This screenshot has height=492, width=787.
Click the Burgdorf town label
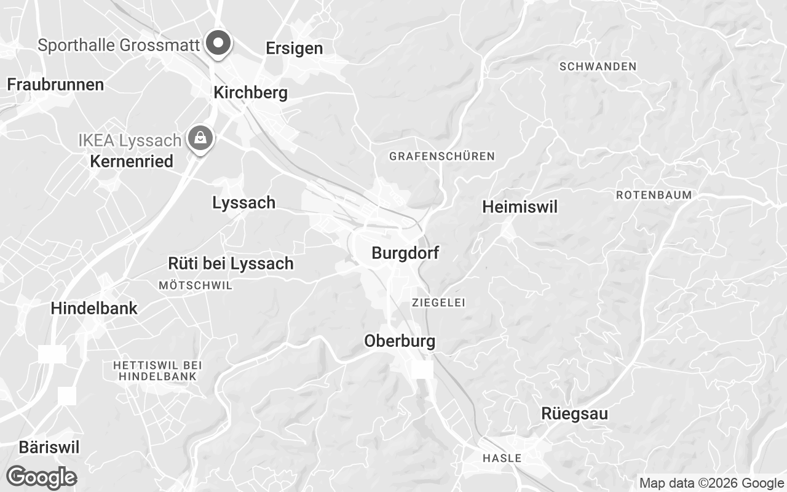pos(405,253)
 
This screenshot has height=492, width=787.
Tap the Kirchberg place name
pos(250,93)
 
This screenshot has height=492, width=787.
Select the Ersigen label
pos(294,49)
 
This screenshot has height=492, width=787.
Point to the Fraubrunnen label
pos(55,85)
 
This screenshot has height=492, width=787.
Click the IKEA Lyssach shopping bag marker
pos(200,138)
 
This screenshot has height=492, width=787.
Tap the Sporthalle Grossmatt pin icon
pos(217,44)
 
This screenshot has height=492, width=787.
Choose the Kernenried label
pos(132,162)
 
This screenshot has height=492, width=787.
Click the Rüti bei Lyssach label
pos(231,264)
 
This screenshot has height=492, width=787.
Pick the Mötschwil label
pos(196,285)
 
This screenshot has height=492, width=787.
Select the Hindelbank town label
pos(94,308)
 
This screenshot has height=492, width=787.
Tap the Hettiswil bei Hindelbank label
pos(158,371)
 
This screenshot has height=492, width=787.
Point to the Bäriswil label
pos(49,447)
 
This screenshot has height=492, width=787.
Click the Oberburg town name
pos(400,341)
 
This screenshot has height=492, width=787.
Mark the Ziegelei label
pos(438,303)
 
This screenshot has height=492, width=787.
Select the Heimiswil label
pos(520,207)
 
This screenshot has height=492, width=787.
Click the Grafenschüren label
pos(441,156)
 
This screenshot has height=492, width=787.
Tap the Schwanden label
pos(598,66)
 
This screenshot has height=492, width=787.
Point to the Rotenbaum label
pos(654,195)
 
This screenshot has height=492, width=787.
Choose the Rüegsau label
pos(574,414)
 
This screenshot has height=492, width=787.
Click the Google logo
pos(41,477)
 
